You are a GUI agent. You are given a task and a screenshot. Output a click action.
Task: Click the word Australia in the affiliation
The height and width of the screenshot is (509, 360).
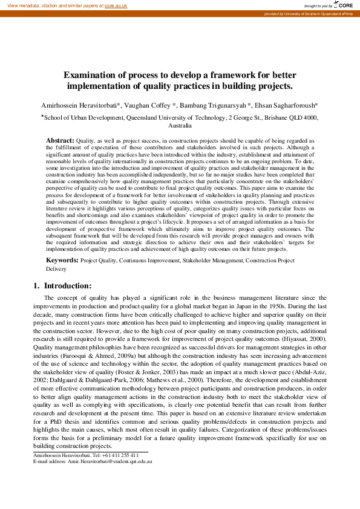coord(180,126)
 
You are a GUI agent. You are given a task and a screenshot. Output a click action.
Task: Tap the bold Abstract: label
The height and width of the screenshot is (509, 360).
coord(61,140)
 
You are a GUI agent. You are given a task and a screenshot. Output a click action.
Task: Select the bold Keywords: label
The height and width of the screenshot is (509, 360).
coord(62,260)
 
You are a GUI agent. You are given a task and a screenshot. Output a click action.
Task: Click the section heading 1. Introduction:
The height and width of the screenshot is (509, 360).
coord(62,285)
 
